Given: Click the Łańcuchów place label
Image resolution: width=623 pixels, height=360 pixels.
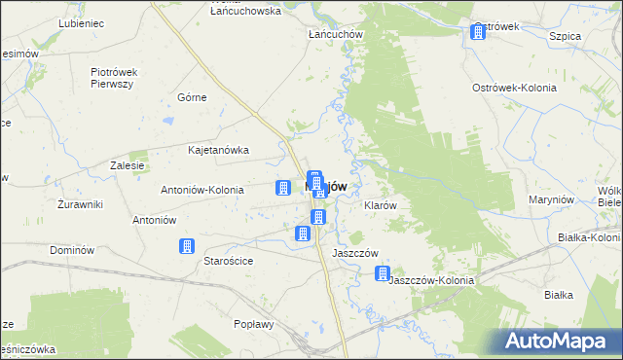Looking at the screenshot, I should point(335,34).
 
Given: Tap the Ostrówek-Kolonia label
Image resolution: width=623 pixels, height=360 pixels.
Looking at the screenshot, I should point(514,88).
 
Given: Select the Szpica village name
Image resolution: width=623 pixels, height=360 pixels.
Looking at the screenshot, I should point(565,35).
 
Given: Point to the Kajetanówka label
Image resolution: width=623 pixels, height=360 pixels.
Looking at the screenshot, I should point(219,151).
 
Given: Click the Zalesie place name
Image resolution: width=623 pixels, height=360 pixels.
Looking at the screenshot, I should point(128,165).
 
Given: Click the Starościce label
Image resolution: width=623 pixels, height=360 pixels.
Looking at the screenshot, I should point(228,261).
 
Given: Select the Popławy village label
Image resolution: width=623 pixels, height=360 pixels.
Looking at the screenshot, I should point(254,324).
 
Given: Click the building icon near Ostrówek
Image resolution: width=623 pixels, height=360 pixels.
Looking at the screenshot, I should point(478,32).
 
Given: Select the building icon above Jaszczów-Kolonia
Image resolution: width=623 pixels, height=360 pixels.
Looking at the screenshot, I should point(384,275).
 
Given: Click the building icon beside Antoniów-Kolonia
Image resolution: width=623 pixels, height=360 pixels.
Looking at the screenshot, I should point(282,188).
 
